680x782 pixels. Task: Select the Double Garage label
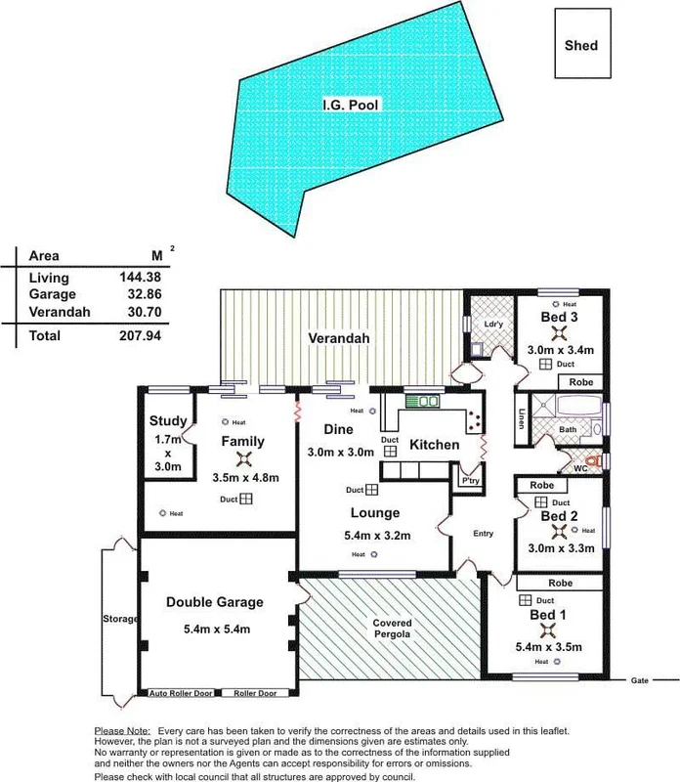pos(215,602)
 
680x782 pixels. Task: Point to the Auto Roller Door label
pos(180,693)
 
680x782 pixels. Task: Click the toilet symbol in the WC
pos(590,460)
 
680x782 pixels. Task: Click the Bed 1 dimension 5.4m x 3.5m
pos(549,646)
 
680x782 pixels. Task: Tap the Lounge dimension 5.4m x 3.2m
pos(375,534)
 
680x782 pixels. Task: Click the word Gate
pos(640,679)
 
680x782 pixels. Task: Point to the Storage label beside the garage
pos(120,619)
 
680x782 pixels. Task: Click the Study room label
pos(167,422)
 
